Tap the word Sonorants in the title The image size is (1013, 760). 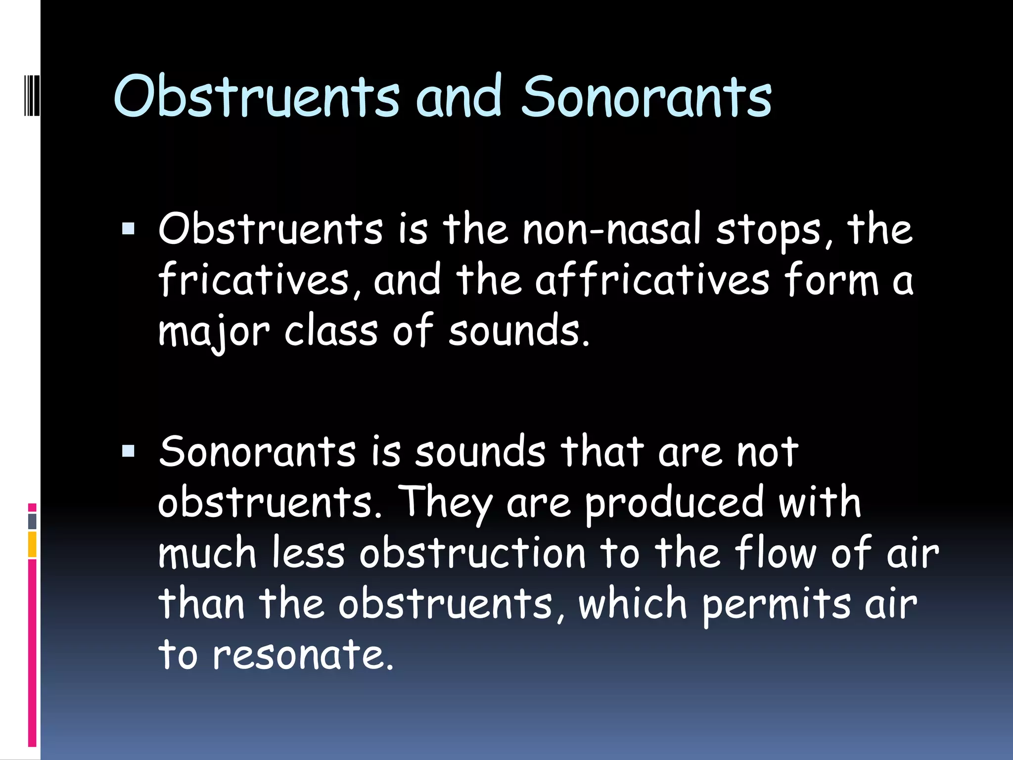(x=646, y=97)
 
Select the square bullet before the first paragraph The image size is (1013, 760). (x=128, y=229)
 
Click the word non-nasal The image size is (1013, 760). (x=612, y=230)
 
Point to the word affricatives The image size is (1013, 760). (x=652, y=281)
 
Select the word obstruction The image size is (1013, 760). (x=472, y=553)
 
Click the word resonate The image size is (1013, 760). (x=303, y=655)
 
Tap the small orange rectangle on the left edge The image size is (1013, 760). (x=32, y=544)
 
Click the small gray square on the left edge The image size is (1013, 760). (x=32, y=521)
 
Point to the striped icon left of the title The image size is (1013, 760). (x=31, y=94)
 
